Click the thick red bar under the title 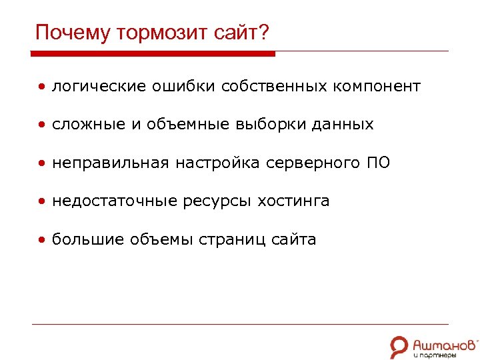point(153,53)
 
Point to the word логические point(99,87)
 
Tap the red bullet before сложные point(42,125)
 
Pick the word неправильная point(111,163)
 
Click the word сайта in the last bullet point(294,239)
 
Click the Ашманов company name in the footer point(444,344)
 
